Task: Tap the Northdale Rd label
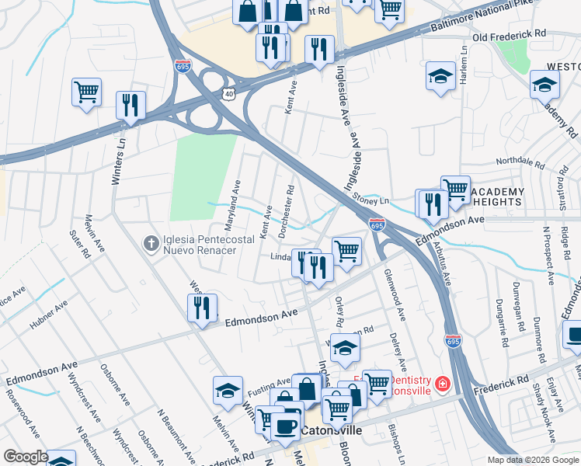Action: [520, 162]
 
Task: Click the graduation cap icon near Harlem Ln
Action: [440, 77]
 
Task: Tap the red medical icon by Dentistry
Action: [442, 383]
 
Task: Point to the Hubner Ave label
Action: [50, 316]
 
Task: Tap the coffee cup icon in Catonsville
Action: [285, 426]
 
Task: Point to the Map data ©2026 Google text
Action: [531, 460]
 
